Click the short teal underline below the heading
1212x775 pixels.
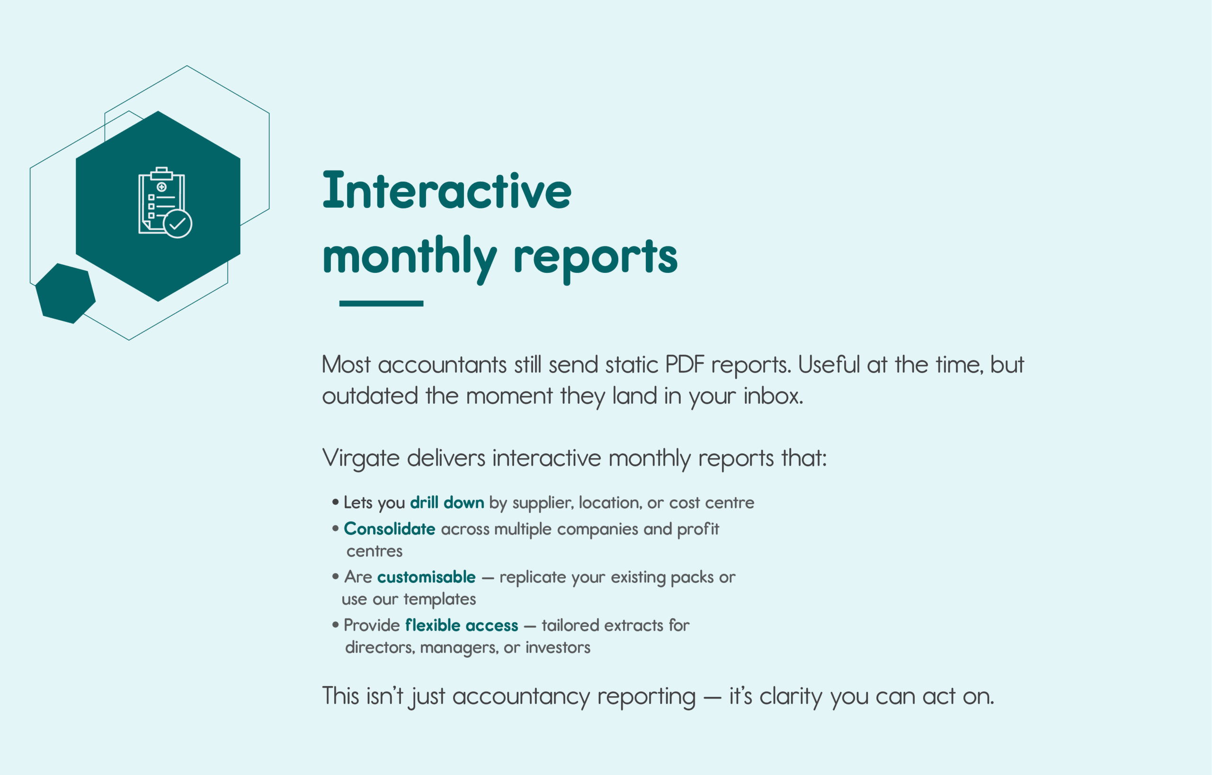pos(381,304)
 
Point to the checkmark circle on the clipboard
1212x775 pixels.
pos(178,224)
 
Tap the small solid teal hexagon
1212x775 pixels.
pos(65,293)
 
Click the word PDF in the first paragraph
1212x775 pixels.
pos(685,365)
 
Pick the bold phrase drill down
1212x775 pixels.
pos(447,502)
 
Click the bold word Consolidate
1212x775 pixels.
pos(389,529)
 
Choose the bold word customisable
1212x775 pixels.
pos(426,577)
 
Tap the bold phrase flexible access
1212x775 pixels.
pos(462,625)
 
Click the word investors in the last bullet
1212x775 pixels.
pos(558,647)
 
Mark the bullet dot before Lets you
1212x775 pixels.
pos(336,502)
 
